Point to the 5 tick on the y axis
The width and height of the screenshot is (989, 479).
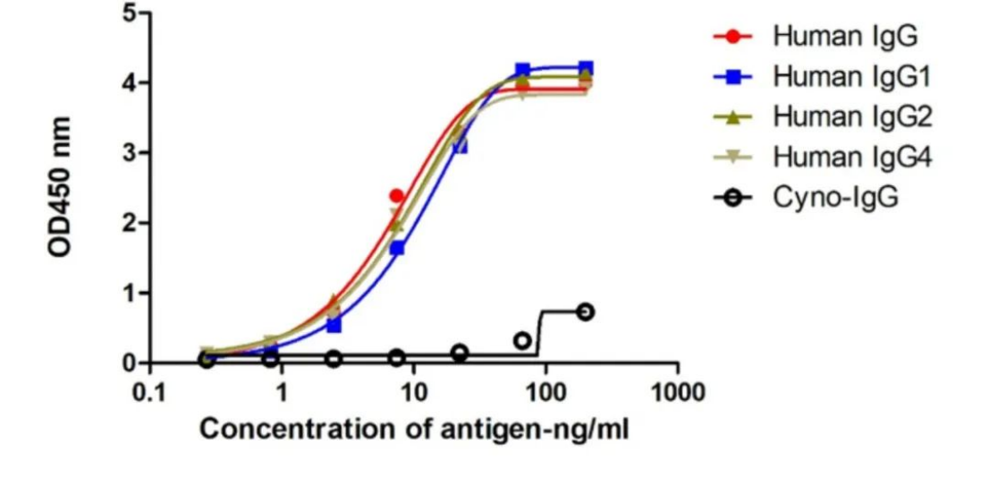point(130,13)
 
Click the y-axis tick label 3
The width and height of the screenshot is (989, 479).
point(130,153)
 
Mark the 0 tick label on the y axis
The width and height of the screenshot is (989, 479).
point(130,364)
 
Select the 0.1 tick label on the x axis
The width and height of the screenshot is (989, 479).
point(149,393)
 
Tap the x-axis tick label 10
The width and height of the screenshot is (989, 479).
point(413,393)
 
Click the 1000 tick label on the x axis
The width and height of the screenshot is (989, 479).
point(677,393)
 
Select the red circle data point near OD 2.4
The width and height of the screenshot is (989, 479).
point(397,196)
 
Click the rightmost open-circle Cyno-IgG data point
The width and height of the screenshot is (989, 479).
point(585,312)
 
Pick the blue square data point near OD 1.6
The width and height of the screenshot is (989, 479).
point(397,248)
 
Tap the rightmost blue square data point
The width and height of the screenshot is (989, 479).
point(586,68)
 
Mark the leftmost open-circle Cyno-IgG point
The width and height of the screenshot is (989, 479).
point(207,360)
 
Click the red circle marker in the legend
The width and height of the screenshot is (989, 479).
point(733,37)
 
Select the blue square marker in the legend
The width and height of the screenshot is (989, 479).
point(733,77)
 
